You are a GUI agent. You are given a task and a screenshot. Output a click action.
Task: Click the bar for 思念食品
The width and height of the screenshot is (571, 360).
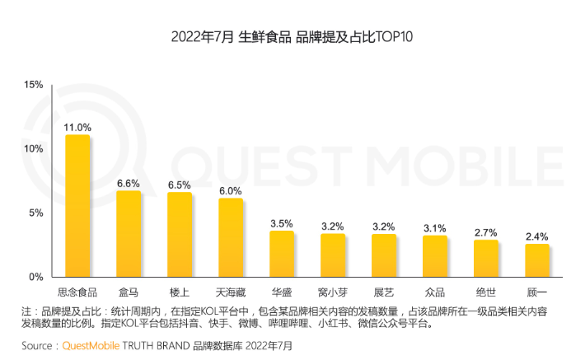pyautogui.click(x=77, y=206)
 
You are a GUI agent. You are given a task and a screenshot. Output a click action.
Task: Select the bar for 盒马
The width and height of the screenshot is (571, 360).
pyautogui.click(x=129, y=234)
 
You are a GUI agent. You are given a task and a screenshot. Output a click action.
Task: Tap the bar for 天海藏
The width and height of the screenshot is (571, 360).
pyautogui.click(x=231, y=237)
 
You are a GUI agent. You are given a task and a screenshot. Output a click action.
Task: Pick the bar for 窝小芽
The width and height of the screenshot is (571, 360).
pyautogui.click(x=333, y=255)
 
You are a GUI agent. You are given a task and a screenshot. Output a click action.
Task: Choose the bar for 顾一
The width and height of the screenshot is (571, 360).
pyautogui.click(x=537, y=260)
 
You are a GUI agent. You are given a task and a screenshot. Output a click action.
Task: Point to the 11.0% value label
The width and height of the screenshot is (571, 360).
pyautogui.click(x=77, y=128)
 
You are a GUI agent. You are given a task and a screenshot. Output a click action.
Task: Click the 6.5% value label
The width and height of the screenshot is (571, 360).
pyautogui.click(x=180, y=185)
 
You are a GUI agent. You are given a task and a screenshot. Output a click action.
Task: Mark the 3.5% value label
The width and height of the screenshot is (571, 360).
pyautogui.click(x=282, y=223)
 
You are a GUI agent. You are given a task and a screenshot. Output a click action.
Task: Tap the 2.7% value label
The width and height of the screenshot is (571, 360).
pyautogui.click(x=486, y=233)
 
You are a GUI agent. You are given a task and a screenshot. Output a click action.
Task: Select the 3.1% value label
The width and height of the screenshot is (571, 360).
pyautogui.click(x=435, y=228)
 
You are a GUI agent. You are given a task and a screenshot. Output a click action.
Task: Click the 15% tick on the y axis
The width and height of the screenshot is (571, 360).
pyautogui.click(x=33, y=85)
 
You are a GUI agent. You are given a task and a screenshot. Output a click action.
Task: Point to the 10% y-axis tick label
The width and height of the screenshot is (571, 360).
pyautogui.click(x=33, y=149)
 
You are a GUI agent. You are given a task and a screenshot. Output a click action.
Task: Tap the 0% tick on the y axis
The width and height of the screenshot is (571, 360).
pyautogui.click(x=36, y=277)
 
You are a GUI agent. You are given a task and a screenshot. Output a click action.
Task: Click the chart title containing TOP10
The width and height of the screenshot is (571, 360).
pyautogui.click(x=284, y=37)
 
